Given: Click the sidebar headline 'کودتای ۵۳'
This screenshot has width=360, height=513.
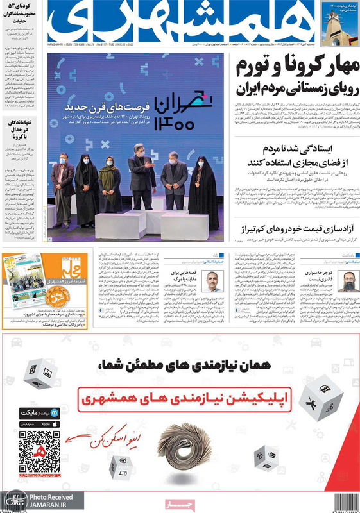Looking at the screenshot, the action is tap(22, 9).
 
